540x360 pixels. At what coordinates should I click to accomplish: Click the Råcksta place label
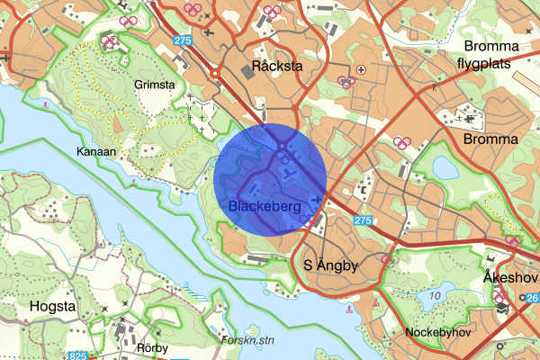(277, 66)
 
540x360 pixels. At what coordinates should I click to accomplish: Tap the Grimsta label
(152, 85)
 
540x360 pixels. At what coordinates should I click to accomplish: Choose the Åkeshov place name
(509, 275)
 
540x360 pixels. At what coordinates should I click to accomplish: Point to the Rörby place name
(154, 346)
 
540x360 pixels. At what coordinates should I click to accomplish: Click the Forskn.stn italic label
(247, 340)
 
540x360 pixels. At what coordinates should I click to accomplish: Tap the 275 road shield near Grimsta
(184, 40)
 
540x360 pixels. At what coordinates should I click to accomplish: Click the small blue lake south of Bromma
(445, 167)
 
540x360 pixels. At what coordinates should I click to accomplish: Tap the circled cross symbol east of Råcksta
(362, 68)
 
